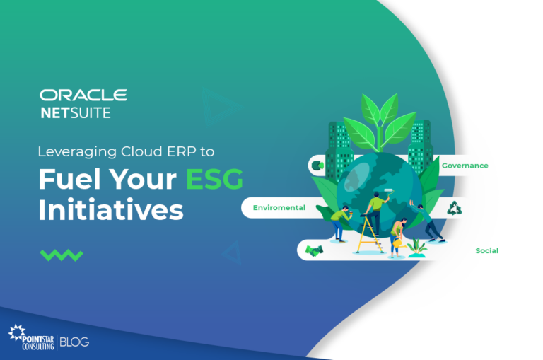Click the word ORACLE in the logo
[x=83, y=95]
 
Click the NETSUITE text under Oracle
[x=76, y=113]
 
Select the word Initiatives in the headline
[x=111, y=210]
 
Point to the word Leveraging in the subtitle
[x=70, y=151]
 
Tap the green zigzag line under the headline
[x=62, y=255]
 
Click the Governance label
[x=465, y=166]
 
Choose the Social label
[x=486, y=250]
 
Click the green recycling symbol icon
[x=454, y=208]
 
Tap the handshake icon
[x=314, y=250]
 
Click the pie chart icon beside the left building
[x=317, y=166]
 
